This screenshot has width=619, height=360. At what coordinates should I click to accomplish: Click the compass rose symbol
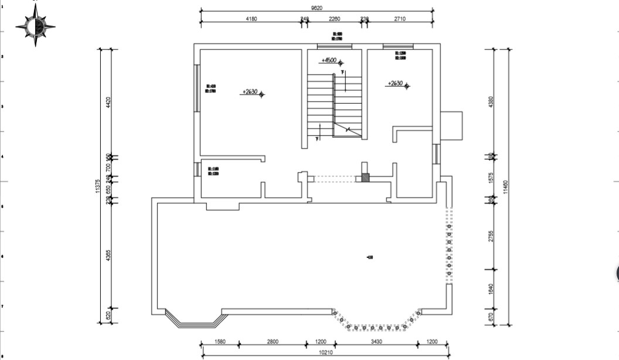35,26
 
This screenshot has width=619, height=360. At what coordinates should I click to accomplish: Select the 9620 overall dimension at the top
317,8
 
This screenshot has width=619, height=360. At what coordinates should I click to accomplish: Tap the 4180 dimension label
251,19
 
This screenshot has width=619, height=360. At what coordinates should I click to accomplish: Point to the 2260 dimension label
334,19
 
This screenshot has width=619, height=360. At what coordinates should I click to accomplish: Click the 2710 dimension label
400,19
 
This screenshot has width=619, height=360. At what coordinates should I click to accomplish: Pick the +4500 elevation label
329,60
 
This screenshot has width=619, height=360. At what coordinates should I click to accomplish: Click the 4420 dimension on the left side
108,103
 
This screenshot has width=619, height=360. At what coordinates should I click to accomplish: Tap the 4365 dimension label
108,256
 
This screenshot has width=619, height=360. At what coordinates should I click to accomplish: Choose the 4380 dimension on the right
491,103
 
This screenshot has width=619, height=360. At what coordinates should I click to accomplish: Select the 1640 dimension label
491,289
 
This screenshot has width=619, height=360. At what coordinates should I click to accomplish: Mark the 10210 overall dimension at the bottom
326,352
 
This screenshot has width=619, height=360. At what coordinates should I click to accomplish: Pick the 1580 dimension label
220,342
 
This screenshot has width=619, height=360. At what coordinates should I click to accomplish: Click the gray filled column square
365,178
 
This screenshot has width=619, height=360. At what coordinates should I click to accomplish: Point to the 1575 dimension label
491,177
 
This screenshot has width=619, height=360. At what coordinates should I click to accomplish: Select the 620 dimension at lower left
108,315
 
